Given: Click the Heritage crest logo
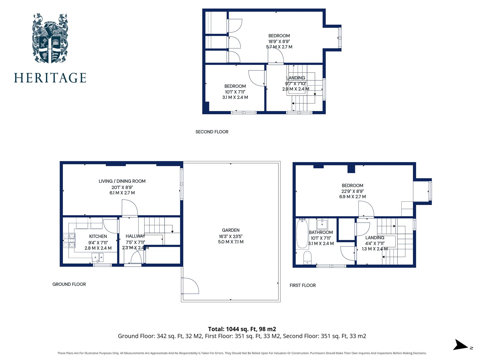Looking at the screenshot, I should click(50, 38).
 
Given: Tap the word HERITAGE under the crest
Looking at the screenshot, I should click(50, 78).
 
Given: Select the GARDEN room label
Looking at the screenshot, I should click(231, 230).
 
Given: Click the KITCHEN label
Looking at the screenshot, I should click(98, 236).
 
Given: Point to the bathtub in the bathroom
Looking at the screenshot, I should click(302, 234).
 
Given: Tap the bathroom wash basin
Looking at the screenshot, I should click(322, 224).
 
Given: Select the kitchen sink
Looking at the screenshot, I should click(98, 258).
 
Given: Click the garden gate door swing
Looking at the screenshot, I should click(190, 286).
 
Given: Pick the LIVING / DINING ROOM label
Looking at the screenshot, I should click(122, 181).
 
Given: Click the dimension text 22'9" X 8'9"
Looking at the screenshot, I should click(352, 191).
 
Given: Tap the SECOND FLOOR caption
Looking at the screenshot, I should click(212, 132).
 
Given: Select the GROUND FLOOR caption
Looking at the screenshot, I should click(69, 284).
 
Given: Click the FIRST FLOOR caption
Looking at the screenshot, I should click(302, 285).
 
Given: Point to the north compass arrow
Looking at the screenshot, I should click(460, 345).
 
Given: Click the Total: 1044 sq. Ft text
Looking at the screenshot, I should click(242, 329).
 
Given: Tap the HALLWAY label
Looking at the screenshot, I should click(135, 236).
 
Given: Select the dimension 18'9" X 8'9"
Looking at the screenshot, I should click(279, 41).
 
